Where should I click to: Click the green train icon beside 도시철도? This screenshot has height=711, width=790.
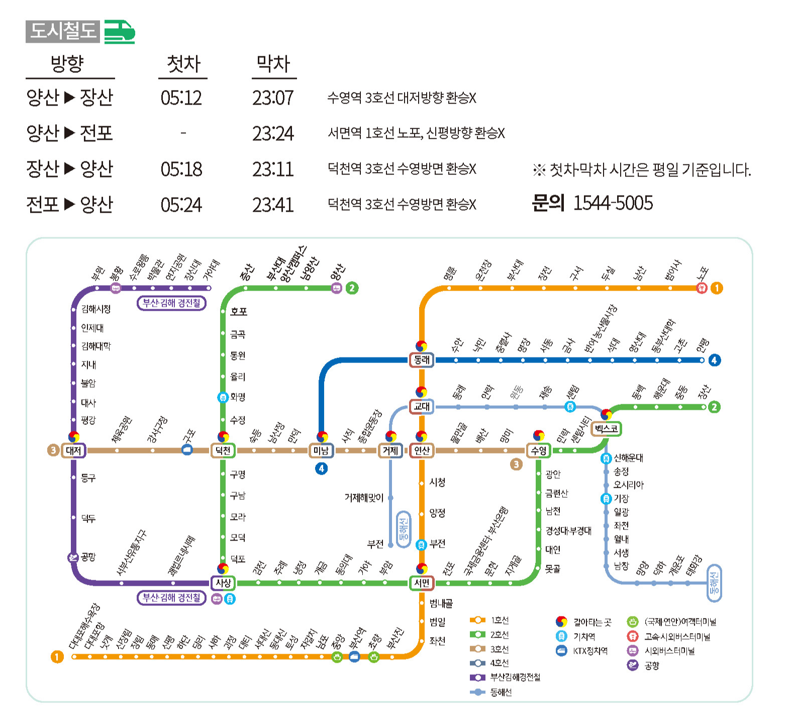tap(120, 32)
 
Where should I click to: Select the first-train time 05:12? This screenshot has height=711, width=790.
tap(181, 98)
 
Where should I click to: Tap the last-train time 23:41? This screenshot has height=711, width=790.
tap(273, 205)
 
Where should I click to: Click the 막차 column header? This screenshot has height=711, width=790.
tap(273, 64)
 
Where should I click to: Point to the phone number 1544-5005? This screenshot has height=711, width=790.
tap(613, 203)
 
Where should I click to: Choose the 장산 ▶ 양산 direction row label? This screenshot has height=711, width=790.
tap(70, 169)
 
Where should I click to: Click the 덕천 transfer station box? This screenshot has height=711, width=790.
tap(223, 451)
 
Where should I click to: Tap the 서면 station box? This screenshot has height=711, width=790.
tap(422, 583)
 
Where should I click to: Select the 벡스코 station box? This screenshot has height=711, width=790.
tap(607, 429)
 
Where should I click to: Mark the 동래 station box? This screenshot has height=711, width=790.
tap(422, 360)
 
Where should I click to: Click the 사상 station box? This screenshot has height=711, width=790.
tap(223, 583)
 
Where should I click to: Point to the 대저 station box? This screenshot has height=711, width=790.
tap(73, 451)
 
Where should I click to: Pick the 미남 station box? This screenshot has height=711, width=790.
tap(321, 451)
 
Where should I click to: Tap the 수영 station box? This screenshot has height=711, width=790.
tap(538, 451)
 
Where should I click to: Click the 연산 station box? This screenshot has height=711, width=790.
tap(422, 451)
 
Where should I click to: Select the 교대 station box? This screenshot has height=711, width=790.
tap(422, 406)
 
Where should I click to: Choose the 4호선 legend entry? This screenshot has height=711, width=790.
tap(499, 663)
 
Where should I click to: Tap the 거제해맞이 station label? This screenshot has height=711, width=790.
tap(364, 498)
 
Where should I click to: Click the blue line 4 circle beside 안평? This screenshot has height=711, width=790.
tap(714, 360)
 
